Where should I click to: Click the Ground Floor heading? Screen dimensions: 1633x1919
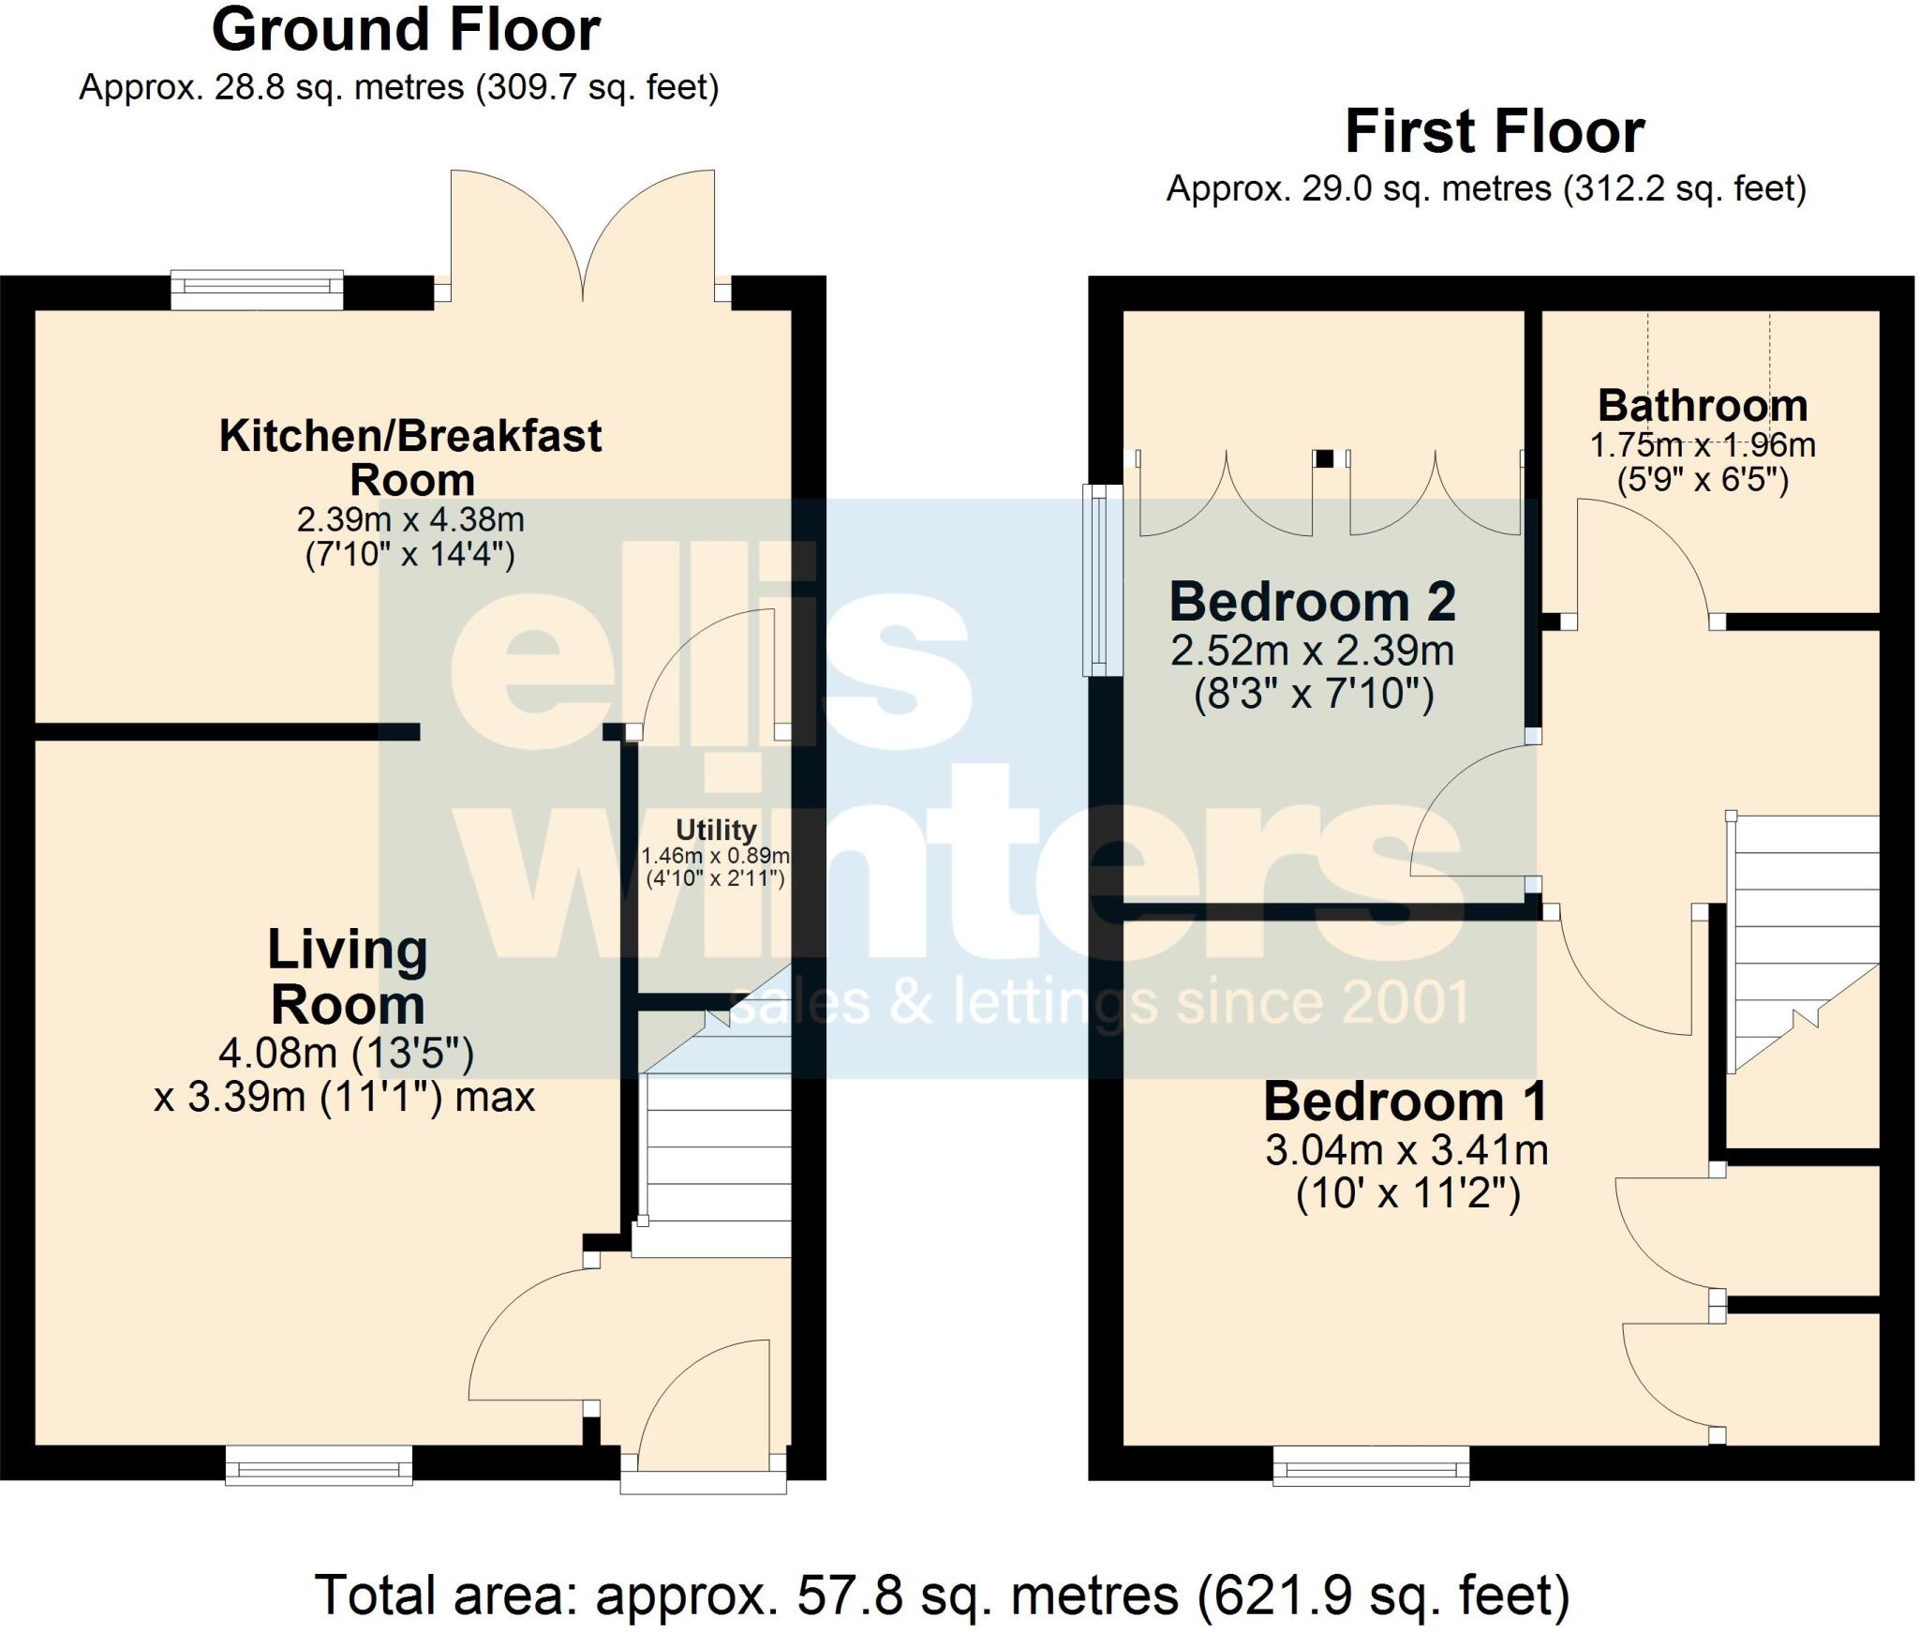[405, 31]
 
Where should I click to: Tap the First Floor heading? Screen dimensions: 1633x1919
[1494, 132]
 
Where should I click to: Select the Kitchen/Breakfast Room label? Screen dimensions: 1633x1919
[410, 457]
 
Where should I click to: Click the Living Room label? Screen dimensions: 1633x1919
[348, 977]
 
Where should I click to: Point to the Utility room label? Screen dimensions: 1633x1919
[716, 830]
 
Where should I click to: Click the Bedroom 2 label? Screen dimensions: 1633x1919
[1312, 602]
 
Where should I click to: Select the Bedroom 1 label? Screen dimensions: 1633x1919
[1405, 1101]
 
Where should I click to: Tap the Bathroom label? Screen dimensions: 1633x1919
[1703, 406]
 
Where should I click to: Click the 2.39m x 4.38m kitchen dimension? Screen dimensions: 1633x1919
[410, 519]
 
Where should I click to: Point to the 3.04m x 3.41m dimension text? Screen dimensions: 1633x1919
[1406, 1150]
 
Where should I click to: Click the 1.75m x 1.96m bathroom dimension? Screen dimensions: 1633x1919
[1703, 445]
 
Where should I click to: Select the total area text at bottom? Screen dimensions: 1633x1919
[941, 1596]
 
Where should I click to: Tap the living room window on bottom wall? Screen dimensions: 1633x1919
[319, 1464]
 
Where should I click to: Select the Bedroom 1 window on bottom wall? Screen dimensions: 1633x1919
[1371, 1465]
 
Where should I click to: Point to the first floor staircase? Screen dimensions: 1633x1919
[1803, 937]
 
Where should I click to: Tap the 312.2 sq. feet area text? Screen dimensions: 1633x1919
[1685, 189]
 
